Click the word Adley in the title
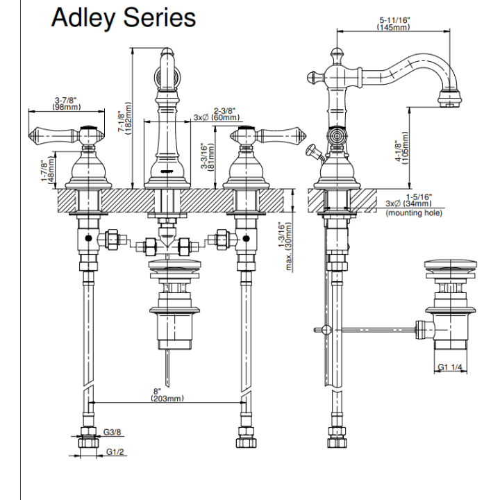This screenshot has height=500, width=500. [x=83, y=19]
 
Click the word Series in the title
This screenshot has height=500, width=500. [x=160, y=17]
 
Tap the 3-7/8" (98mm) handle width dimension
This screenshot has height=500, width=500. [x=67, y=103]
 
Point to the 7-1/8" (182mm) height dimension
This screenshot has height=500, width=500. [x=124, y=118]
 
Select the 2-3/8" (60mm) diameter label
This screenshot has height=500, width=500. [x=217, y=114]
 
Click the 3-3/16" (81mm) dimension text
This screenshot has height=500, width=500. [x=207, y=157]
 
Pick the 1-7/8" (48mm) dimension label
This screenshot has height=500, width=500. [x=47, y=170]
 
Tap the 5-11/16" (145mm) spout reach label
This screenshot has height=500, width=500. [x=394, y=24]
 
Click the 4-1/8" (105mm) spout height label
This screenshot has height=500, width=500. [x=402, y=148]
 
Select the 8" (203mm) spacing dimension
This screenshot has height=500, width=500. [x=167, y=394]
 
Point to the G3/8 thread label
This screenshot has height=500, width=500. [x=112, y=432]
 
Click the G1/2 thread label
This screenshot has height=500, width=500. [x=115, y=451]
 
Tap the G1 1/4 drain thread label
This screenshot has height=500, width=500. [x=449, y=367]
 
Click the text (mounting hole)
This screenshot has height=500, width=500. [x=414, y=212]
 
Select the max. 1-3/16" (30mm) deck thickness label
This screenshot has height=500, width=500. [x=285, y=246]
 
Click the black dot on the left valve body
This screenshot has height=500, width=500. [x=88, y=238]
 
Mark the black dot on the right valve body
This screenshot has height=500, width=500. [x=246, y=238]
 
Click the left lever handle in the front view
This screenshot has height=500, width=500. [x=54, y=135]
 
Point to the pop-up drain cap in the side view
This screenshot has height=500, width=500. [x=451, y=265]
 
